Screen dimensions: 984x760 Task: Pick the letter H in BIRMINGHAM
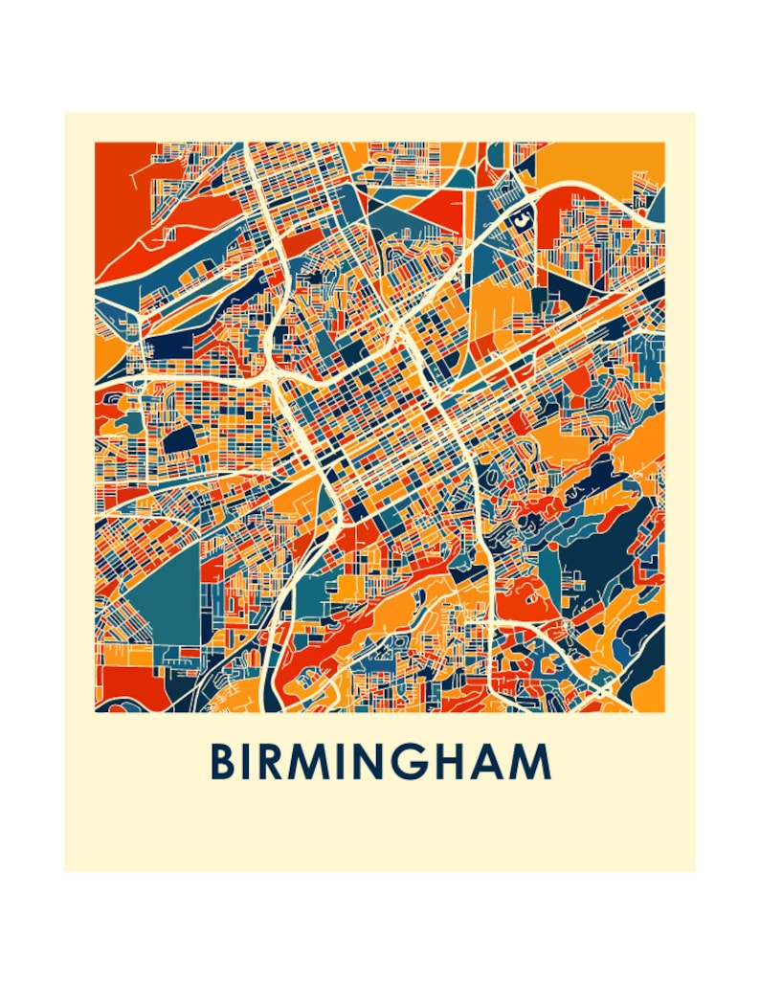[x=453, y=762]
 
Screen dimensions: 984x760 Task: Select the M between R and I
[x=312, y=762]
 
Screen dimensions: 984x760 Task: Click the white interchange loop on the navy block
[x=521, y=219]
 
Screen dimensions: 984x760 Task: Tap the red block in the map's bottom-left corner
[x=122, y=685]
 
